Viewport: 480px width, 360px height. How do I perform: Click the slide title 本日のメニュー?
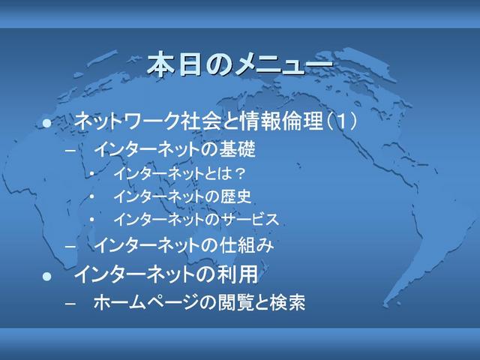coord(240,64)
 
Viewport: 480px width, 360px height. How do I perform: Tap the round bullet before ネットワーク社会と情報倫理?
coord(46,123)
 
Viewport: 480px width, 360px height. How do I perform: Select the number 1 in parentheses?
coord(341,121)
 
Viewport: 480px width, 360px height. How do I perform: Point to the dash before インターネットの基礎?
coord(70,151)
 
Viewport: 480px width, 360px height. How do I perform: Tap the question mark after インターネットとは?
coord(240,174)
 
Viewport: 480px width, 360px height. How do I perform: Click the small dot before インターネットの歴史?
coord(91,196)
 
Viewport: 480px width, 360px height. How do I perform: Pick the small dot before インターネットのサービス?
coord(91,220)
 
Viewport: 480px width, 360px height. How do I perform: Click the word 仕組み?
coord(246,245)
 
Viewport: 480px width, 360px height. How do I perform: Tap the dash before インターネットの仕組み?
coord(70,246)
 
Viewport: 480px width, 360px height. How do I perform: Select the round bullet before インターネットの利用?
coord(46,277)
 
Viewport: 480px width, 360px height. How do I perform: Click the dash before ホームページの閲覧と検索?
coord(70,303)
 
